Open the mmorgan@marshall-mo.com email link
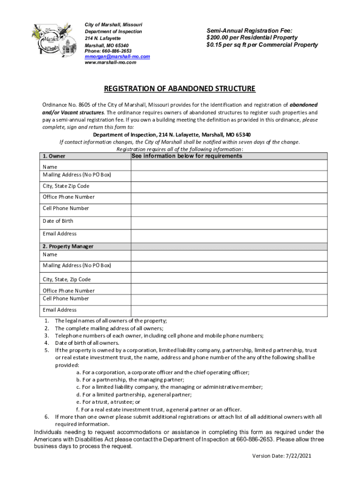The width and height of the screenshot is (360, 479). point(117,56)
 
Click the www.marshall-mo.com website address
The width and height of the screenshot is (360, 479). point(110,62)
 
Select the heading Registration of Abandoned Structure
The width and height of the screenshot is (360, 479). point(180,89)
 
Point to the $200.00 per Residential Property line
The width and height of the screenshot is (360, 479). point(252,37)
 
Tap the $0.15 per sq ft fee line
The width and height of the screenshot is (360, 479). point(262,45)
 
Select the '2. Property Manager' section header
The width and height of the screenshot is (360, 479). point(68,246)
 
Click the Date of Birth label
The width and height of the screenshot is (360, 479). point(58,221)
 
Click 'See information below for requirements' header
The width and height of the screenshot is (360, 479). point(187,156)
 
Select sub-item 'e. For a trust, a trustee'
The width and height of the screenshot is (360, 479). point(108,401)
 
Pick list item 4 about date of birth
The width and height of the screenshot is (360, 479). point(86,342)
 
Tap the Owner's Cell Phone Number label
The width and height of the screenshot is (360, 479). point(65,208)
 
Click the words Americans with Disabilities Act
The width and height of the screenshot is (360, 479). point(79,440)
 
